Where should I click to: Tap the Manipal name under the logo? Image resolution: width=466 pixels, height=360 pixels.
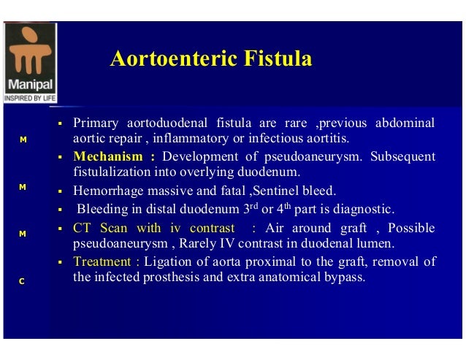click(x=29, y=84)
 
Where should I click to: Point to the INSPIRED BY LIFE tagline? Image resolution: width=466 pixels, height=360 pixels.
click(x=29, y=97)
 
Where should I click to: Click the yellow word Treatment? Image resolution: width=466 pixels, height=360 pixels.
click(x=102, y=261)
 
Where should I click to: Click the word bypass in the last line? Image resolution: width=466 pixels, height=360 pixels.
click(x=343, y=278)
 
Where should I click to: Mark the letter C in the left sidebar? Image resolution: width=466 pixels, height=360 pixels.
click(x=23, y=280)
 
